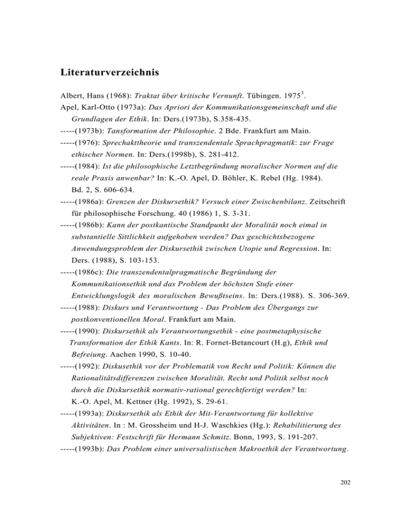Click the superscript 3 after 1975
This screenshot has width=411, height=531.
coord(291,97)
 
